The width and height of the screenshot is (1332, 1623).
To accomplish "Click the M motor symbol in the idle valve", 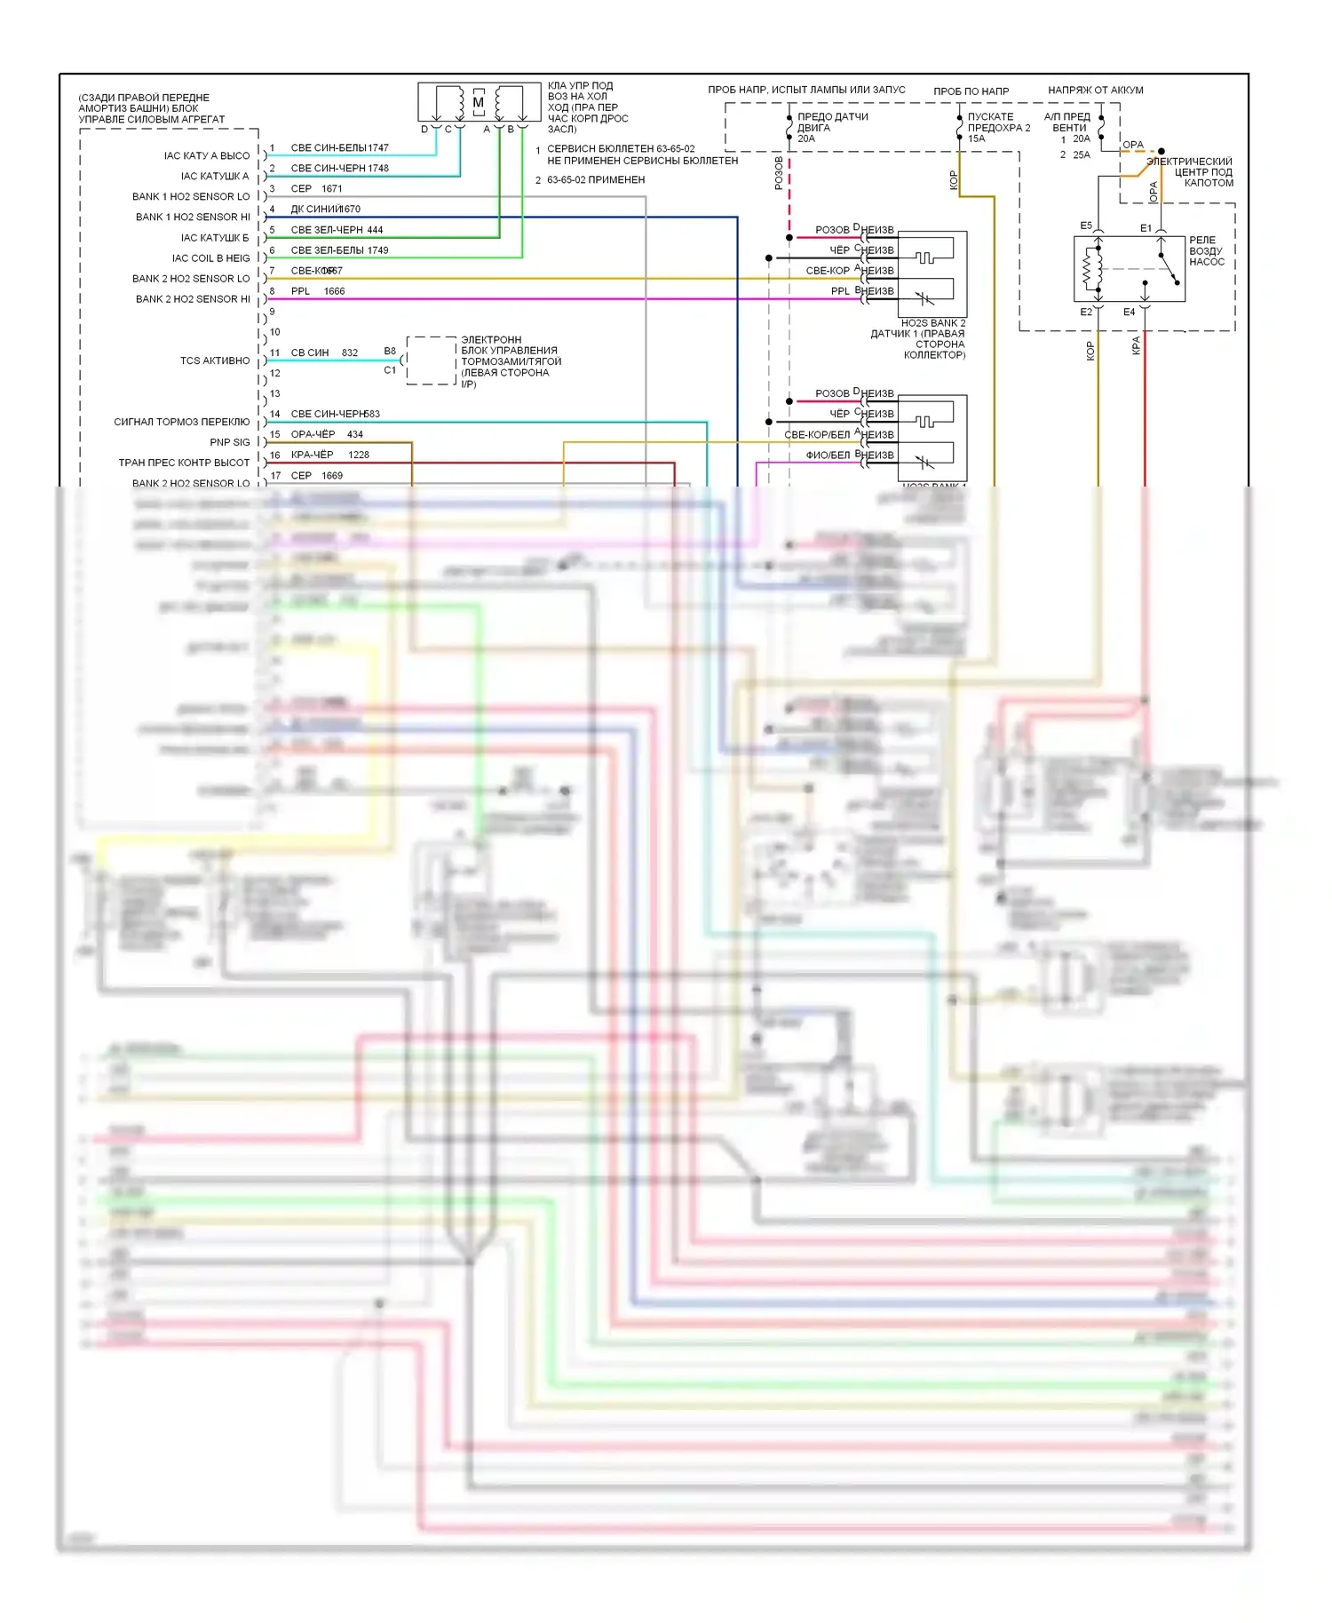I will pyautogui.click(x=478, y=102).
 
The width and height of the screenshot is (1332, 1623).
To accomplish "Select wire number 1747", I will pyautogui.click(x=378, y=148).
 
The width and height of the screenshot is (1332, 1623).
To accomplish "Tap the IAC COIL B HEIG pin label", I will pyautogui.click(x=210, y=258).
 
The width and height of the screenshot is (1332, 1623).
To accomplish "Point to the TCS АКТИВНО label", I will pyautogui.click(x=215, y=360).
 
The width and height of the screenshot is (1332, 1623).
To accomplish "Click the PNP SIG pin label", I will pyautogui.click(x=230, y=442).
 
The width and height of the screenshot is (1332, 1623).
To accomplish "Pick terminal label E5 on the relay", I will pyautogui.click(x=1086, y=226).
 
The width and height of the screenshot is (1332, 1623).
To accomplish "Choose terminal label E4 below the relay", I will pyautogui.click(x=1129, y=313).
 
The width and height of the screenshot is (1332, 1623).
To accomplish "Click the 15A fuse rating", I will pyautogui.click(x=976, y=139).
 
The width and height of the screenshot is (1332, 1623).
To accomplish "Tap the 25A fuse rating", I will pyautogui.click(x=1081, y=155).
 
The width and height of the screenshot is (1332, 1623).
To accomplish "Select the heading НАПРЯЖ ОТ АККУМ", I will pyautogui.click(x=1095, y=91).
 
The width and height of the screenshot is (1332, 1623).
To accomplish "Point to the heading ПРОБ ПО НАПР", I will pyautogui.click(x=971, y=91).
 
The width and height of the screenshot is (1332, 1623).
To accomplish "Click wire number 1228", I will pyautogui.click(x=359, y=455).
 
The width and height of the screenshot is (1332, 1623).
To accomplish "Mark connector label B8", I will pyautogui.click(x=390, y=352).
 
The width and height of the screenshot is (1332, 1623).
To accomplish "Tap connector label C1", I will pyautogui.click(x=390, y=370).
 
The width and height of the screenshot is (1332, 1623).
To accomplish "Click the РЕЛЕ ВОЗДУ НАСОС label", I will pyautogui.click(x=1206, y=251).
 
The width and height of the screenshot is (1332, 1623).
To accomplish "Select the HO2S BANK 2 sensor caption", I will pyautogui.click(x=932, y=323).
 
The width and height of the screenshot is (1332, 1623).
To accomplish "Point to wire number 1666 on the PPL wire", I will pyautogui.click(x=334, y=291).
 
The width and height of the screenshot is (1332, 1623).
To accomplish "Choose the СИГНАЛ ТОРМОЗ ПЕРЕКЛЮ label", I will pyautogui.click(x=182, y=422).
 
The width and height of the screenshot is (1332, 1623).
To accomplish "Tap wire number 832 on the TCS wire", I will pyautogui.click(x=350, y=353).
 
